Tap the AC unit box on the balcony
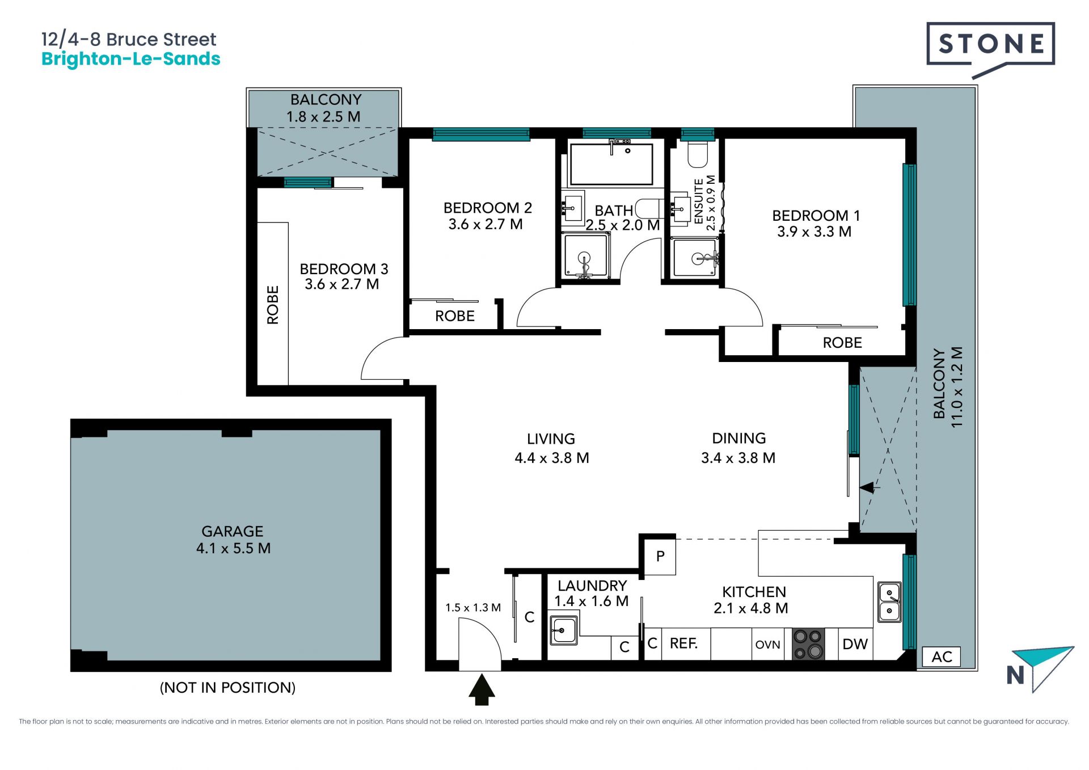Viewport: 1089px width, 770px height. pyautogui.click(x=942, y=657)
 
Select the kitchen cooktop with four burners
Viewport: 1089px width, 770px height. pyautogui.click(x=808, y=644)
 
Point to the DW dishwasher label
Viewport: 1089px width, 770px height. pyautogui.click(x=855, y=644)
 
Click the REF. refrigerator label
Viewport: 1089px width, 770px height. pyautogui.click(x=683, y=643)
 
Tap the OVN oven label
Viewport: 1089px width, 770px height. pyautogui.click(x=768, y=645)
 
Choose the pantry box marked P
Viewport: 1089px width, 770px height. pyautogui.click(x=660, y=556)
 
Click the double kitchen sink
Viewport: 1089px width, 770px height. pyautogui.click(x=889, y=602)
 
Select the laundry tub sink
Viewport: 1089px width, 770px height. pyautogui.click(x=564, y=630)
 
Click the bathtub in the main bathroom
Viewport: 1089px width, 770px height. pyautogui.click(x=611, y=164)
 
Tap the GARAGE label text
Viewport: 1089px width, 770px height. pyautogui.click(x=233, y=531)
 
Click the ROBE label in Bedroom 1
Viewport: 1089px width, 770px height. pyautogui.click(x=842, y=343)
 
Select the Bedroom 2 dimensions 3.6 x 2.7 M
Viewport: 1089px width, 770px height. pyautogui.click(x=486, y=224)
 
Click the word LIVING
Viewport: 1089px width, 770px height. pyautogui.click(x=551, y=439)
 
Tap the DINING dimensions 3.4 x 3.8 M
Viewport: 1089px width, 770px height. pyautogui.click(x=738, y=458)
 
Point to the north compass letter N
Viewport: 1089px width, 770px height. pyautogui.click(x=1015, y=675)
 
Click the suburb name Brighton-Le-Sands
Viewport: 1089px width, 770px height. pyautogui.click(x=131, y=59)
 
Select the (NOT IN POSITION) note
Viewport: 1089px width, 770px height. pyautogui.click(x=227, y=688)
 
